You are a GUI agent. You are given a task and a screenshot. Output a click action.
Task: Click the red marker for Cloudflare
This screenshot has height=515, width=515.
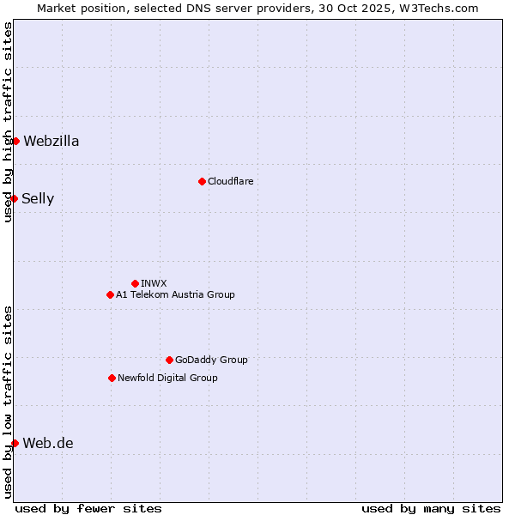point(202,181)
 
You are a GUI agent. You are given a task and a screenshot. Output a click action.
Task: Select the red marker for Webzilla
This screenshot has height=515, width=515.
point(15,141)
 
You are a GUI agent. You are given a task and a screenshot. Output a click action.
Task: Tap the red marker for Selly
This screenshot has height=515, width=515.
point(14,198)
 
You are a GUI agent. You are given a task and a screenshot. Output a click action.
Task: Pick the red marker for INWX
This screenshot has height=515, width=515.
point(135,283)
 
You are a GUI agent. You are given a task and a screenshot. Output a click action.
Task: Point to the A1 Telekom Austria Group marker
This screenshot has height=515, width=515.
point(110,294)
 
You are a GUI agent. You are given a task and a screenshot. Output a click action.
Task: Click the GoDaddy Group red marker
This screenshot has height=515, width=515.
point(169,360)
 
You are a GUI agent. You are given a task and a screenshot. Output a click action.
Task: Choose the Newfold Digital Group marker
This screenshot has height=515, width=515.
point(112,378)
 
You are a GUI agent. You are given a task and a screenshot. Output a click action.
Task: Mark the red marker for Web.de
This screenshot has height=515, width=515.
point(15,443)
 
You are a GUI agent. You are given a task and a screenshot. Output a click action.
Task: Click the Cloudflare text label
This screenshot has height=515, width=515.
point(230,181)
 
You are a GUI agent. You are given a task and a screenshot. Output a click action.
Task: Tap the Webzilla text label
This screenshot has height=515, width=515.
point(51,142)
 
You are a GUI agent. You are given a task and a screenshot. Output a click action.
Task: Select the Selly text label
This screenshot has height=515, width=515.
point(38,199)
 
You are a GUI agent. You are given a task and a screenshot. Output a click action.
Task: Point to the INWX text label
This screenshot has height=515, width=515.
point(154,283)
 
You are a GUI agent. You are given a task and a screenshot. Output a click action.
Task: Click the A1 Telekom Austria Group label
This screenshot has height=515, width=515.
point(175,294)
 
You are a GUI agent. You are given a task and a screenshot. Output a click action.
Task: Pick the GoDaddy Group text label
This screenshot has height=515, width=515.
point(211,360)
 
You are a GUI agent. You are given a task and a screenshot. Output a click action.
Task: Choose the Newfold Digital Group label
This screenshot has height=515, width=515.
point(167,378)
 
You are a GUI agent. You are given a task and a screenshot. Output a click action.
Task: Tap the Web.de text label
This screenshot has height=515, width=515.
point(48,444)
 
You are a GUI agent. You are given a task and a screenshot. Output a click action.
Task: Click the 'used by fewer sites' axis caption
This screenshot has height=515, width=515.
point(88,508)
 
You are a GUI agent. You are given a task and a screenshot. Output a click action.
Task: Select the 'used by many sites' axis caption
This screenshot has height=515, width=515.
point(431,508)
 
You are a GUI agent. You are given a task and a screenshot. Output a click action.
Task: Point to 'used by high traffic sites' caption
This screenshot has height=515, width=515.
point(8,122)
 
